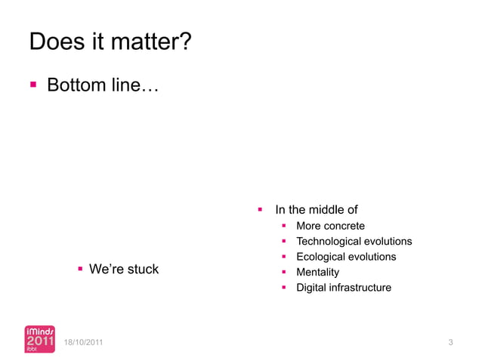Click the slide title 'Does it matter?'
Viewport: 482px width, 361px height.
109,42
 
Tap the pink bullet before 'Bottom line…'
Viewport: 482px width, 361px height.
33,85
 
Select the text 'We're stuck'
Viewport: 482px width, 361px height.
124,269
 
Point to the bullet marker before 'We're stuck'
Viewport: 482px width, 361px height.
79,269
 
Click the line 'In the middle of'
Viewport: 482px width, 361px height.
316,210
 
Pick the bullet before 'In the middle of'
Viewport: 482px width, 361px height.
259,209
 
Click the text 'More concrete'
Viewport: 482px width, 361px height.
330,226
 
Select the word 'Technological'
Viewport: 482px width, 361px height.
329,242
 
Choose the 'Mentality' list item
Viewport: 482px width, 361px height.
317,272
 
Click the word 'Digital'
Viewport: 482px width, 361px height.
311,288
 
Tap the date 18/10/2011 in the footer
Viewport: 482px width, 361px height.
85,344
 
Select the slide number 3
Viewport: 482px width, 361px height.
450,344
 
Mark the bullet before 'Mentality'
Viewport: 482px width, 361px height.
283,272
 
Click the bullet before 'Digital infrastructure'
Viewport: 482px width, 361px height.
283,288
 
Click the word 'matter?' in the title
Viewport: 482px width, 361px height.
148,42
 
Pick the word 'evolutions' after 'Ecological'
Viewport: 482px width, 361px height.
372,257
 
